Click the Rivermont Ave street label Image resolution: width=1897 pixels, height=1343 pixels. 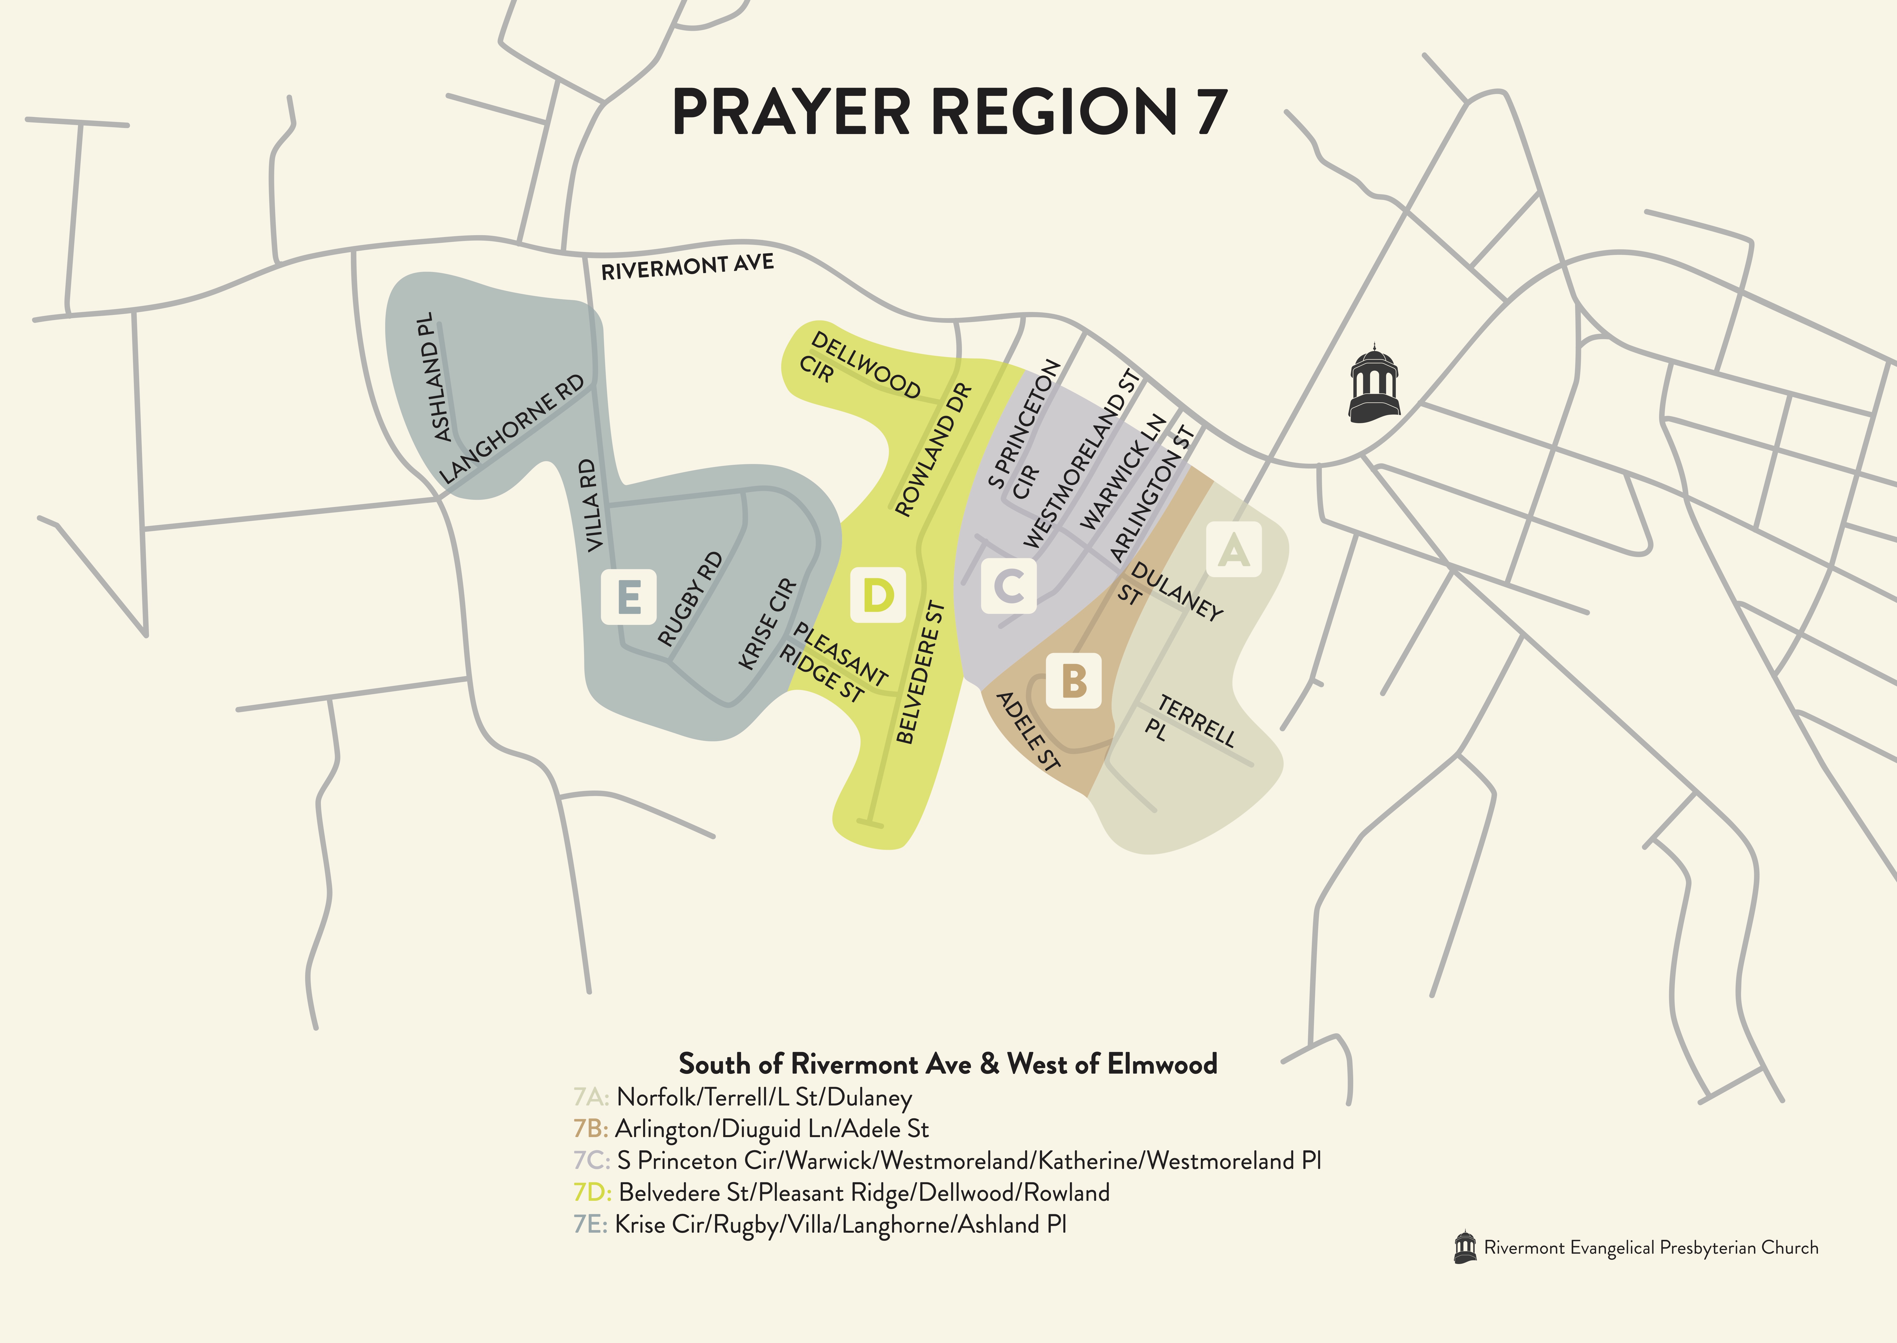[x=687, y=267]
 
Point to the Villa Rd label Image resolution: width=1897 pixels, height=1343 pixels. [x=591, y=506]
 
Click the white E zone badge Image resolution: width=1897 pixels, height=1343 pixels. [x=629, y=596]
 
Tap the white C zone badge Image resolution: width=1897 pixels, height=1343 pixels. [x=1009, y=586]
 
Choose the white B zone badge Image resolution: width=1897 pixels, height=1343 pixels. [x=1074, y=681]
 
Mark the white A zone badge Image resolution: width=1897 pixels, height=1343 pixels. [x=1234, y=549]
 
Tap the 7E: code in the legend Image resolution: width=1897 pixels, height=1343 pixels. [x=591, y=1225]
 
